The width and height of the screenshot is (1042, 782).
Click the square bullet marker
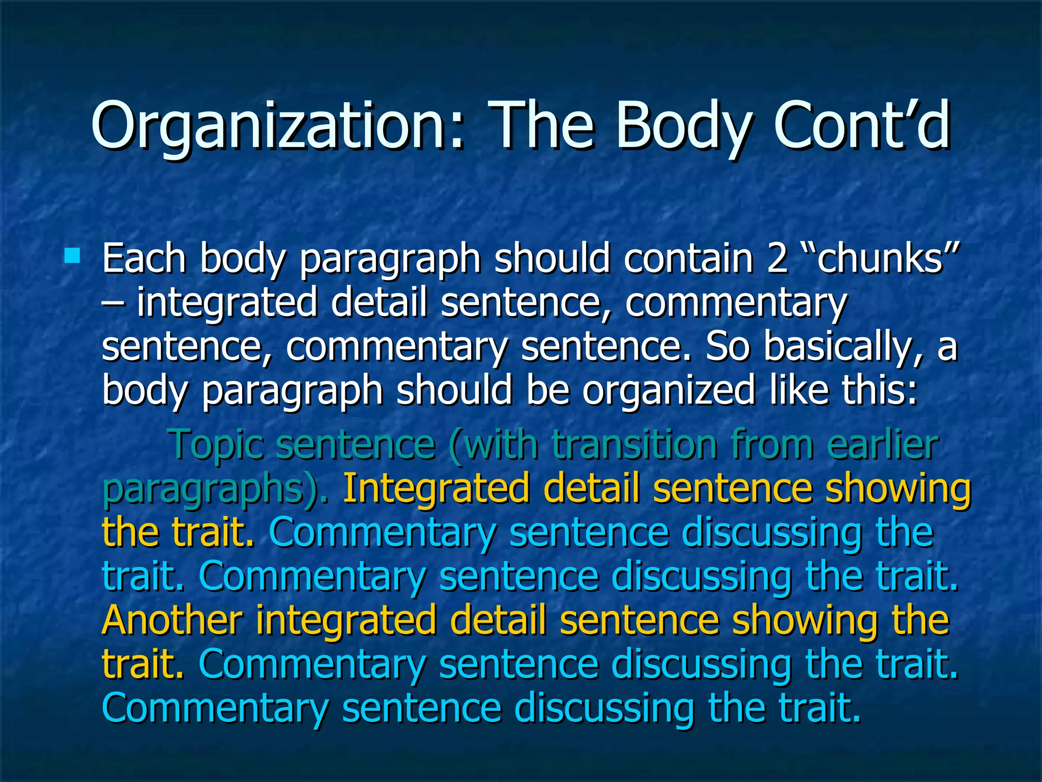[x=72, y=255]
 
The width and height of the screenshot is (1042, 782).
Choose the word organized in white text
[x=669, y=391]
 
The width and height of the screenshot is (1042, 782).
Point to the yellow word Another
[x=172, y=620]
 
